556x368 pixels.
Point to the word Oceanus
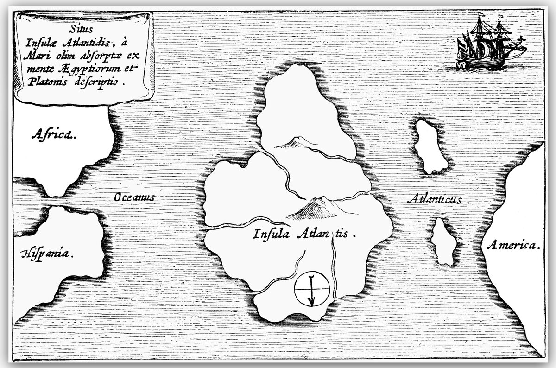pos(133,197)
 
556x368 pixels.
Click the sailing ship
pos(486,46)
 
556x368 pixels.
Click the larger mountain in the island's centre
pos(315,209)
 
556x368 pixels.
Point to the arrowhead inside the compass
pos(311,302)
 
